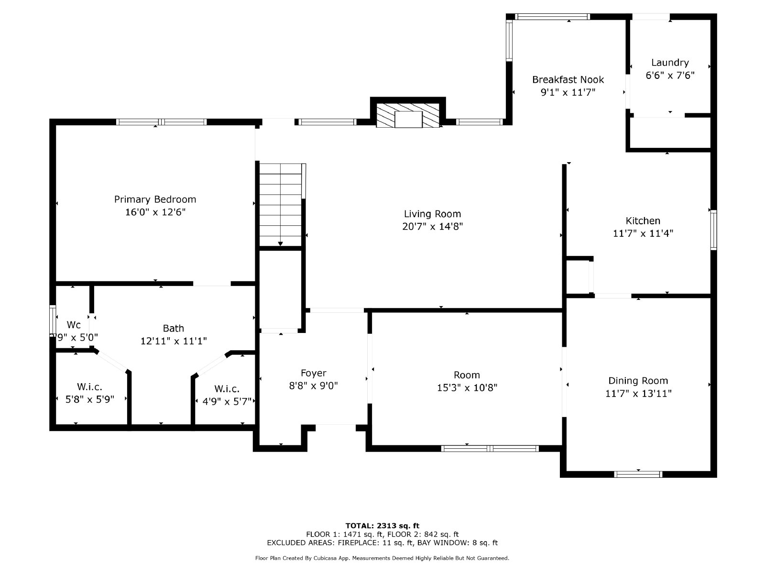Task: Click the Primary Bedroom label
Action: pos(155,199)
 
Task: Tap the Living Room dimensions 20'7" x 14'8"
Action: pos(432,226)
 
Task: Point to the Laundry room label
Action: pos(670,63)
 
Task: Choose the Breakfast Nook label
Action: pos(568,79)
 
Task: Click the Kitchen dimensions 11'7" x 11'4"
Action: pos(643,233)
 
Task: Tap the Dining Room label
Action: pos(638,381)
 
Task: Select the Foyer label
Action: pos(313,373)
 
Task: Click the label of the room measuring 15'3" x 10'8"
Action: pos(467,375)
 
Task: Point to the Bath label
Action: pos(173,328)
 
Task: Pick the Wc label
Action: pos(74,325)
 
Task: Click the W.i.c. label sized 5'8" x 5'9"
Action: pos(89,387)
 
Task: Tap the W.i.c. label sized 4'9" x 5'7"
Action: pos(227,389)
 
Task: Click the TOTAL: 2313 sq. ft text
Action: pos(382,526)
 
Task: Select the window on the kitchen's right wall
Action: pos(713,230)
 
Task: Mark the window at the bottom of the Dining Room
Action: pos(638,474)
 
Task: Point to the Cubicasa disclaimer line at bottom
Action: pos(382,558)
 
